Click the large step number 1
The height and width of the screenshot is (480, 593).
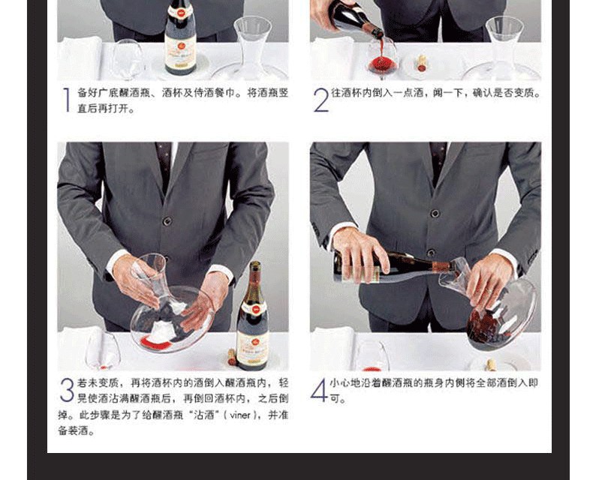pyautogui.click(x=67, y=100)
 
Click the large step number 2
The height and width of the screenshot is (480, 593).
pyautogui.click(x=321, y=100)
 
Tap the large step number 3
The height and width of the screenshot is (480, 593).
pyautogui.click(x=67, y=390)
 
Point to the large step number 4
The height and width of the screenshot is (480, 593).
pyautogui.click(x=319, y=390)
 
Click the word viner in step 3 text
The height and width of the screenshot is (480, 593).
pyautogui.click(x=240, y=415)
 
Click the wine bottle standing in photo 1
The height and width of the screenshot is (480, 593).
pyautogui.click(x=180, y=37)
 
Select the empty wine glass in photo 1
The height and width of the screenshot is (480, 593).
pyautogui.click(x=128, y=59)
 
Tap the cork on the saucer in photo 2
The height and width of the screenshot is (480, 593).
pyautogui.click(x=421, y=63)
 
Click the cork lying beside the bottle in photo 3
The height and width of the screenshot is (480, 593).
pyautogui.click(x=231, y=357)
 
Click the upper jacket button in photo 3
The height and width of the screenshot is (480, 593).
pyautogui.click(x=167, y=220)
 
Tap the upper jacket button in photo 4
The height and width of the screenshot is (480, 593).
pyautogui.click(x=435, y=214)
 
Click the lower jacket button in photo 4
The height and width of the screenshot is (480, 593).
pyautogui.click(x=431, y=253)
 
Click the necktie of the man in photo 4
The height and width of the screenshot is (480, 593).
pyautogui.click(x=438, y=163)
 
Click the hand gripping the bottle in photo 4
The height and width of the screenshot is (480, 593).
pyautogui.click(x=360, y=253)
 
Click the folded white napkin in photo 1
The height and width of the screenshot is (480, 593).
pyautogui.click(x=80, y=58)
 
